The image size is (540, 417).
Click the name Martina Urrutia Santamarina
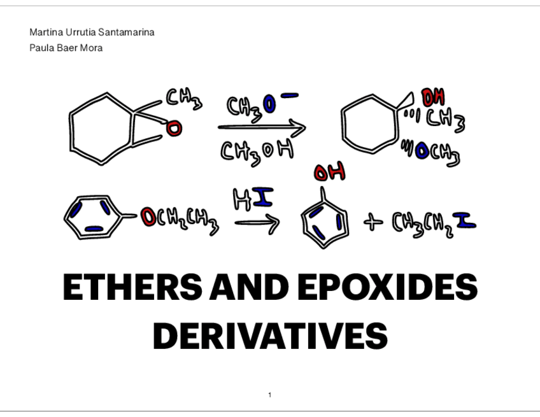point(92,32)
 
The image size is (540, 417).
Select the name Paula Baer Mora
point(66,48)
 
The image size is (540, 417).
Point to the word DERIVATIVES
point(270,336)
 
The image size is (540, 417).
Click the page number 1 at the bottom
point(270,395)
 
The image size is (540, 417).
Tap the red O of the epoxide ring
point(174,129)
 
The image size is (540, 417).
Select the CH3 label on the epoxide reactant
point(184,98)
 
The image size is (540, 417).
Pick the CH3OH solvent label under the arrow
point(258,151)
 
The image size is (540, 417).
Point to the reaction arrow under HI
point(256,223)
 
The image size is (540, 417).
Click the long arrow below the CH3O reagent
point(261,127)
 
